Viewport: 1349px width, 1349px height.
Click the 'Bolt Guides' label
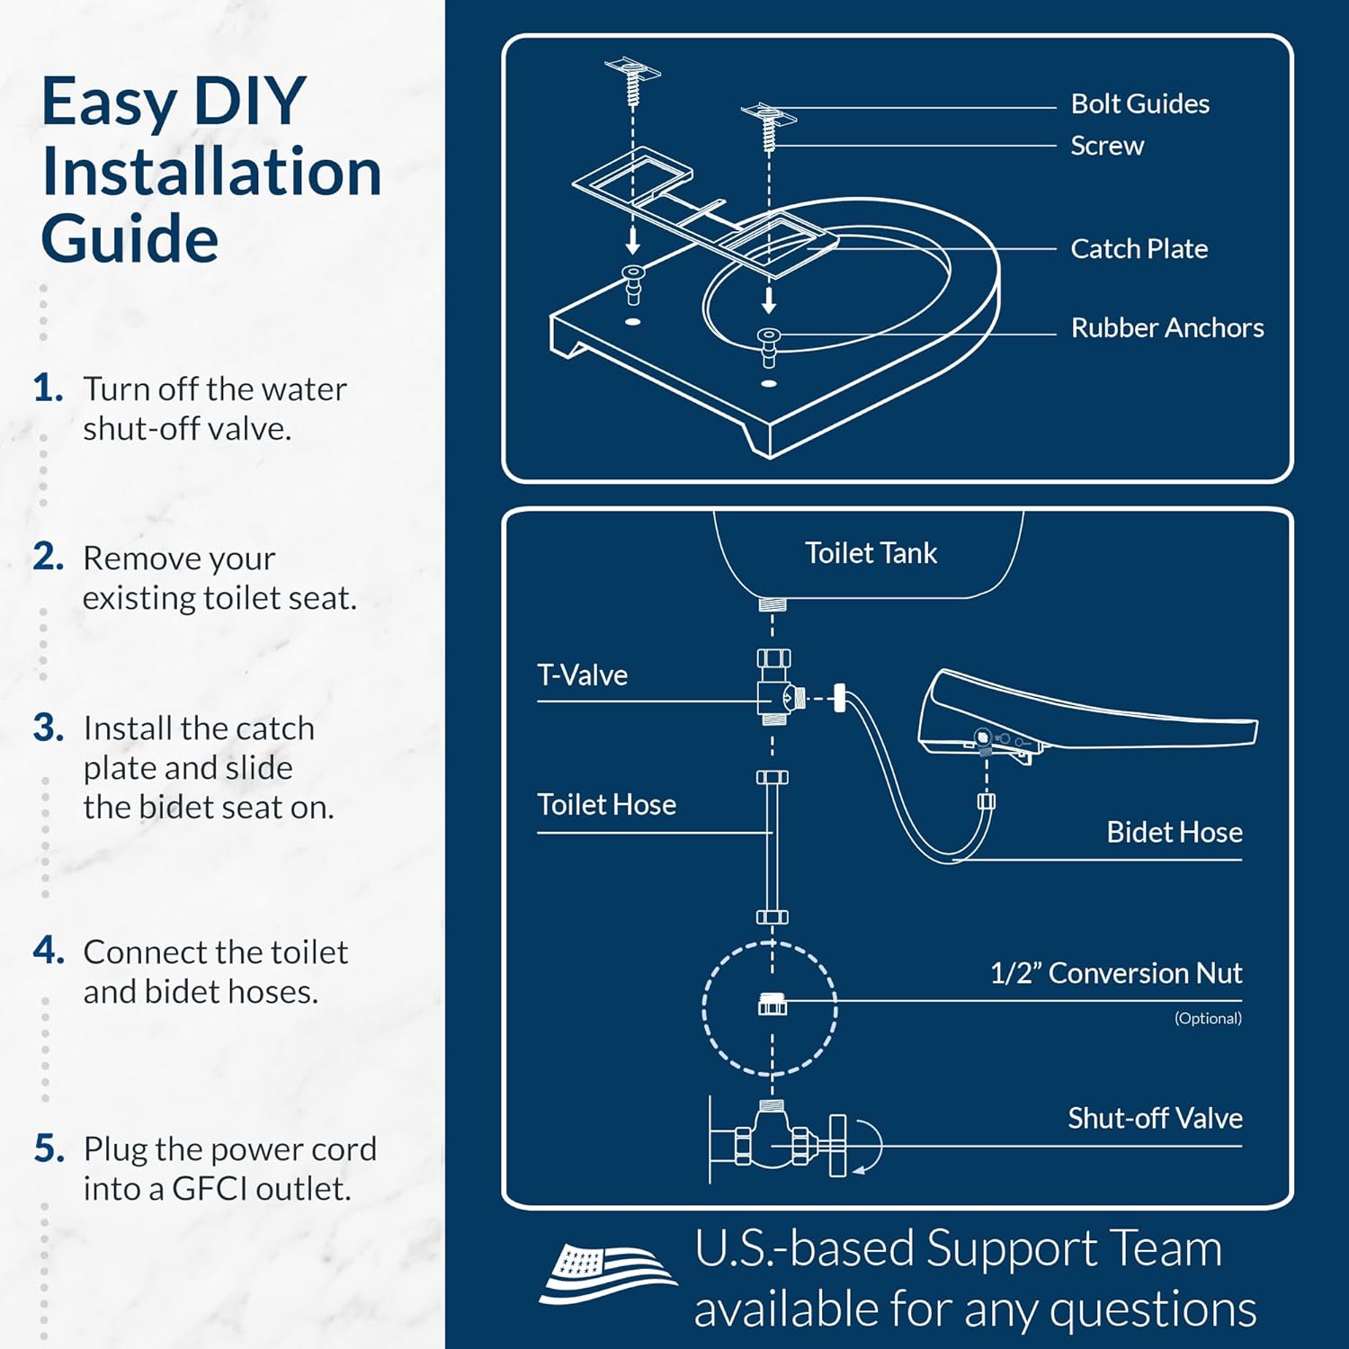point(1139,104)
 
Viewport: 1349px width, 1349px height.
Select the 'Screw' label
point(1106,146)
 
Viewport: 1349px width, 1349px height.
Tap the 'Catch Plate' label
point(1139,249)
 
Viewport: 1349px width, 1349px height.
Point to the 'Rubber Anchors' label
point(1166,328)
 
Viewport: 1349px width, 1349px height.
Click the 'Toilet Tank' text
point(871,553)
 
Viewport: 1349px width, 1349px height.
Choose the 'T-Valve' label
point(582,675)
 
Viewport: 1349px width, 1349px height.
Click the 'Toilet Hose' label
point(606,805)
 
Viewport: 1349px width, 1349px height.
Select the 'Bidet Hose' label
point(1174,833)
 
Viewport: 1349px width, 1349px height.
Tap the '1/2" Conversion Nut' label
point(1115,973)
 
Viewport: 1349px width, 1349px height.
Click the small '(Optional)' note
point(1207,1018)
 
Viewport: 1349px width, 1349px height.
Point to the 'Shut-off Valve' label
point(1155,1119)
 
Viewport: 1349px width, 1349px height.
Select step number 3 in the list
point(49,728)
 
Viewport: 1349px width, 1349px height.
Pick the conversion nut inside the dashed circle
point(772,1004)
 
